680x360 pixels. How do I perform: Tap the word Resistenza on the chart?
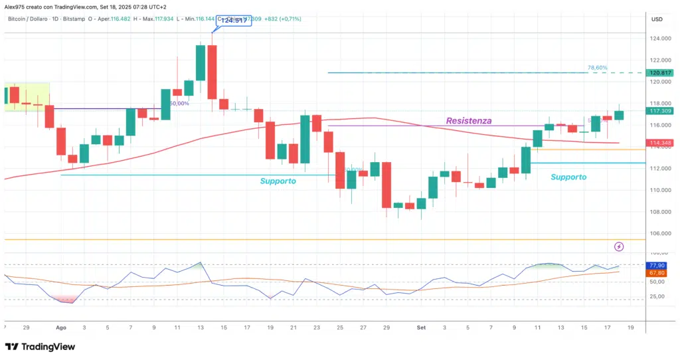469,121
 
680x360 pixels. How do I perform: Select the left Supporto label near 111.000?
278,181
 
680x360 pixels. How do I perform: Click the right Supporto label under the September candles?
568,177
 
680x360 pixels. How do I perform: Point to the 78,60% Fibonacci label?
597,68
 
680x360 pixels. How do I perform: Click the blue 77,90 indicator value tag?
657,265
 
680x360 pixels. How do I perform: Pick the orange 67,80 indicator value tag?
657,272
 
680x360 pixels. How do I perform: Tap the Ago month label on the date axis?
61,327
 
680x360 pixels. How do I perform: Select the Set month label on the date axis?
421,327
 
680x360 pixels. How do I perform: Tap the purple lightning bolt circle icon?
619,246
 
